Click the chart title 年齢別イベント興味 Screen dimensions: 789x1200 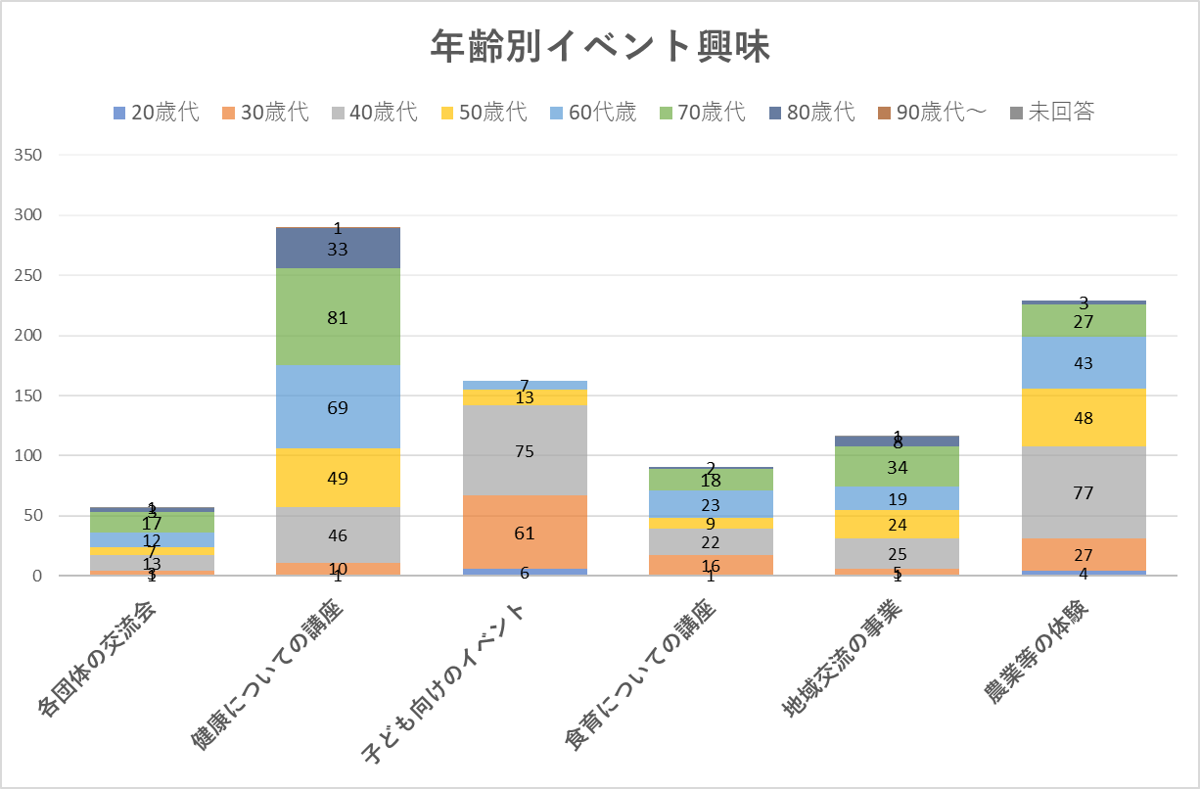pyautogui.click(x=600, y=47)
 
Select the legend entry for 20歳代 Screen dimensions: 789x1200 pyautogui.click(x=157, y=112)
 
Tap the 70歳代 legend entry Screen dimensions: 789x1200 pyautogui.click(x=701, y=112)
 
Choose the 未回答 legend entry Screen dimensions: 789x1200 pyautogui.click(x=1051, y=112)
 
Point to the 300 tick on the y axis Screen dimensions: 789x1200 pyautogui.click(x=29, y=215)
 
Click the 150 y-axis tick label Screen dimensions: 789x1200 pyautogui.click(x=29, y=395)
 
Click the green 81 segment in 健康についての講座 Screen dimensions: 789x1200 pyautogui.click(x=338, y=317)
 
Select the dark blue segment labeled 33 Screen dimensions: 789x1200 pyautogui.click(x=338, y=249)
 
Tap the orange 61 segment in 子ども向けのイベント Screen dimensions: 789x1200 pyautogui.click(x=525, y=533)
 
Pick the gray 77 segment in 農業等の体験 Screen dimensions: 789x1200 pyautogui.click(x=1085, y=492)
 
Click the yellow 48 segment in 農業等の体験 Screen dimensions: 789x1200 pyautogui.click(x=1085, y=418)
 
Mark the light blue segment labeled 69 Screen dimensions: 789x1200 pyautogui.click(x=338, y=406)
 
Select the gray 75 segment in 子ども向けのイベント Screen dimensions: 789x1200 pyautogui.click(x=525, y=450)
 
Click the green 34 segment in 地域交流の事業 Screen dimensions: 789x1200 pyautogui.click(x=898, y=467)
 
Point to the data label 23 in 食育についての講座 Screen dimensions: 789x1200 pyautogui.click(x=712, y=505)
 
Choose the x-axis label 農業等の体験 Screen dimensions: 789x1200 pyautogui.click(x=1038, y=656)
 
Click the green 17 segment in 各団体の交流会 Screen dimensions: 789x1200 pyautogui.click(x=152, y=523)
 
